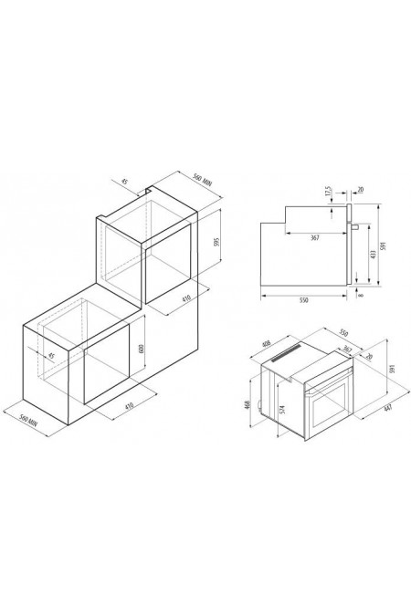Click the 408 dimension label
267,346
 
